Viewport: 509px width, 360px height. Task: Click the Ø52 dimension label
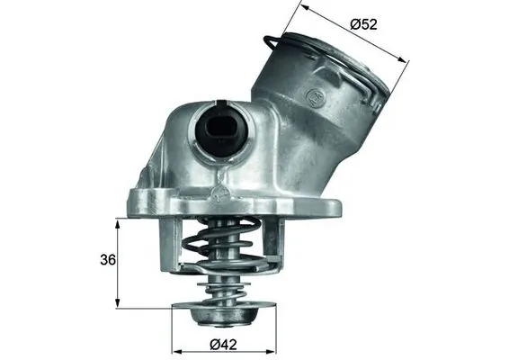pos(363,24)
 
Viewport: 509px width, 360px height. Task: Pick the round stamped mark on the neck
pos(316,93)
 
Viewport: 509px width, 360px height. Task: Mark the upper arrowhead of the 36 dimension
pos(118,222)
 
